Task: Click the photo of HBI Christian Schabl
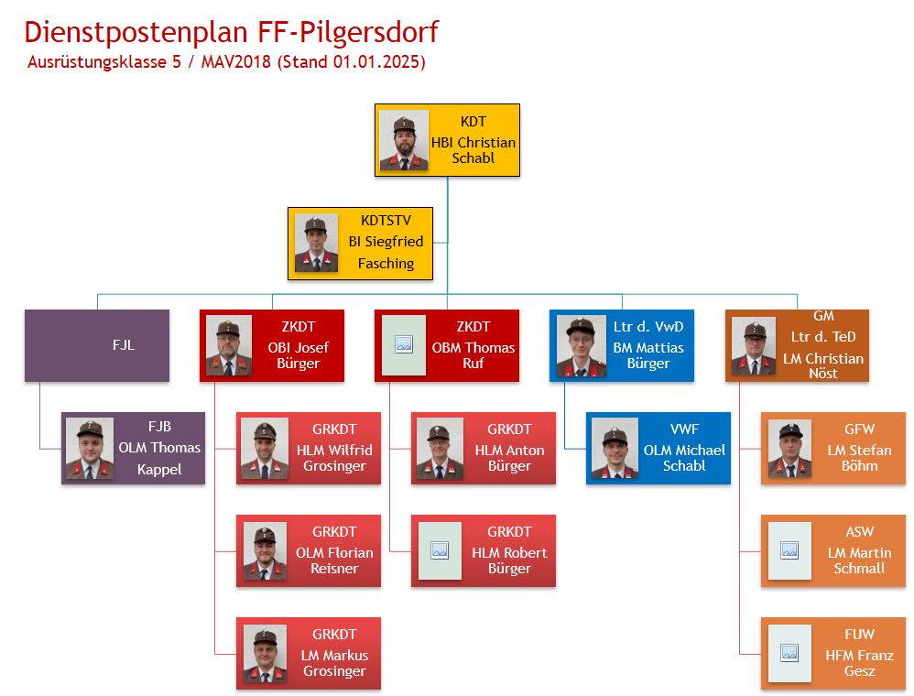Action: click(x=404, y=140)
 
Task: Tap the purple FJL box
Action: click(x=97, y=345)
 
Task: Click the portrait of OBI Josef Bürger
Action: click(x=229, y=345)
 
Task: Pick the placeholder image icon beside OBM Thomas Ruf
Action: click(x=403, y=345)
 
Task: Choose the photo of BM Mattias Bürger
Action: click(x=580, y=346)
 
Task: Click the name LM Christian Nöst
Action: click(x=822, y=365)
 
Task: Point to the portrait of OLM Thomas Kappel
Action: click(x=90, y=448)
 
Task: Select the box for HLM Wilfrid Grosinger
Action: click(x=309, y=448)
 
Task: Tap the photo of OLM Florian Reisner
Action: click(x=265, y=550)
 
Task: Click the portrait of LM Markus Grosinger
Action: click(x=265, y=653)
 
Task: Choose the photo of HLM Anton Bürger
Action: click(x=440, y=448)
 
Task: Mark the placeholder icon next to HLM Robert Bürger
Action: click(x=440, y=550)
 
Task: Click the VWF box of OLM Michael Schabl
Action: click(x=658, y=448)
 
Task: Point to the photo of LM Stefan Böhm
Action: click(x=789, y=448)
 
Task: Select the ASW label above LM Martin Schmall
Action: click(x=859, y=532)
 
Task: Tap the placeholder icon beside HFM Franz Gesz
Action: click(x=789, y=653)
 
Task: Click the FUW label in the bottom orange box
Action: click(x=859, y=635)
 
